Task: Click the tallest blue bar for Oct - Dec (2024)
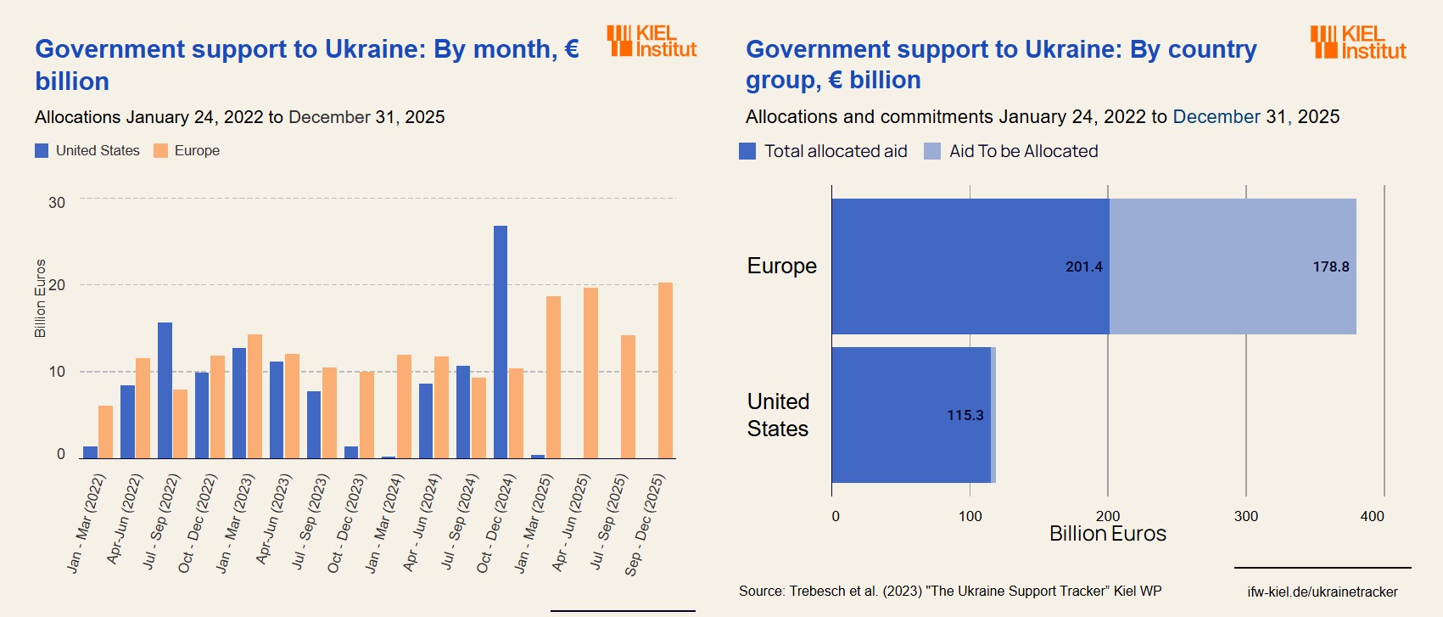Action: point(501,342)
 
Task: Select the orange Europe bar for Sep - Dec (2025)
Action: point(665,371)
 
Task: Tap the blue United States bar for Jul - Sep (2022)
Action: point(165,390)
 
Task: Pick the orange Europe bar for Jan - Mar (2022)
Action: point(105,432)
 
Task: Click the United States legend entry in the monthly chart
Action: point(87,150)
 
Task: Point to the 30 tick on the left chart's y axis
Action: point(57,203)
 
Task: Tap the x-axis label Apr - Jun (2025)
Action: point(570,523)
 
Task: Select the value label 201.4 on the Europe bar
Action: point(1083,266)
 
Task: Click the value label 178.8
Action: point(1330,266)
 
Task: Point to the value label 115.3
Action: point(965,415)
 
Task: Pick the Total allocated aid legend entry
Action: point(823,151)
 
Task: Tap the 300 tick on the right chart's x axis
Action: point(1245,516)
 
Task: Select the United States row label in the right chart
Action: point(778,415)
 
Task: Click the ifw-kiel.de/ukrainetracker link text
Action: point(1322,592)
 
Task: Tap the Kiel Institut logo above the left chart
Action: point(652,41)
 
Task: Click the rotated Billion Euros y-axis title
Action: point(40,298)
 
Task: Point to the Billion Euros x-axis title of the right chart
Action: point(1107,534)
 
